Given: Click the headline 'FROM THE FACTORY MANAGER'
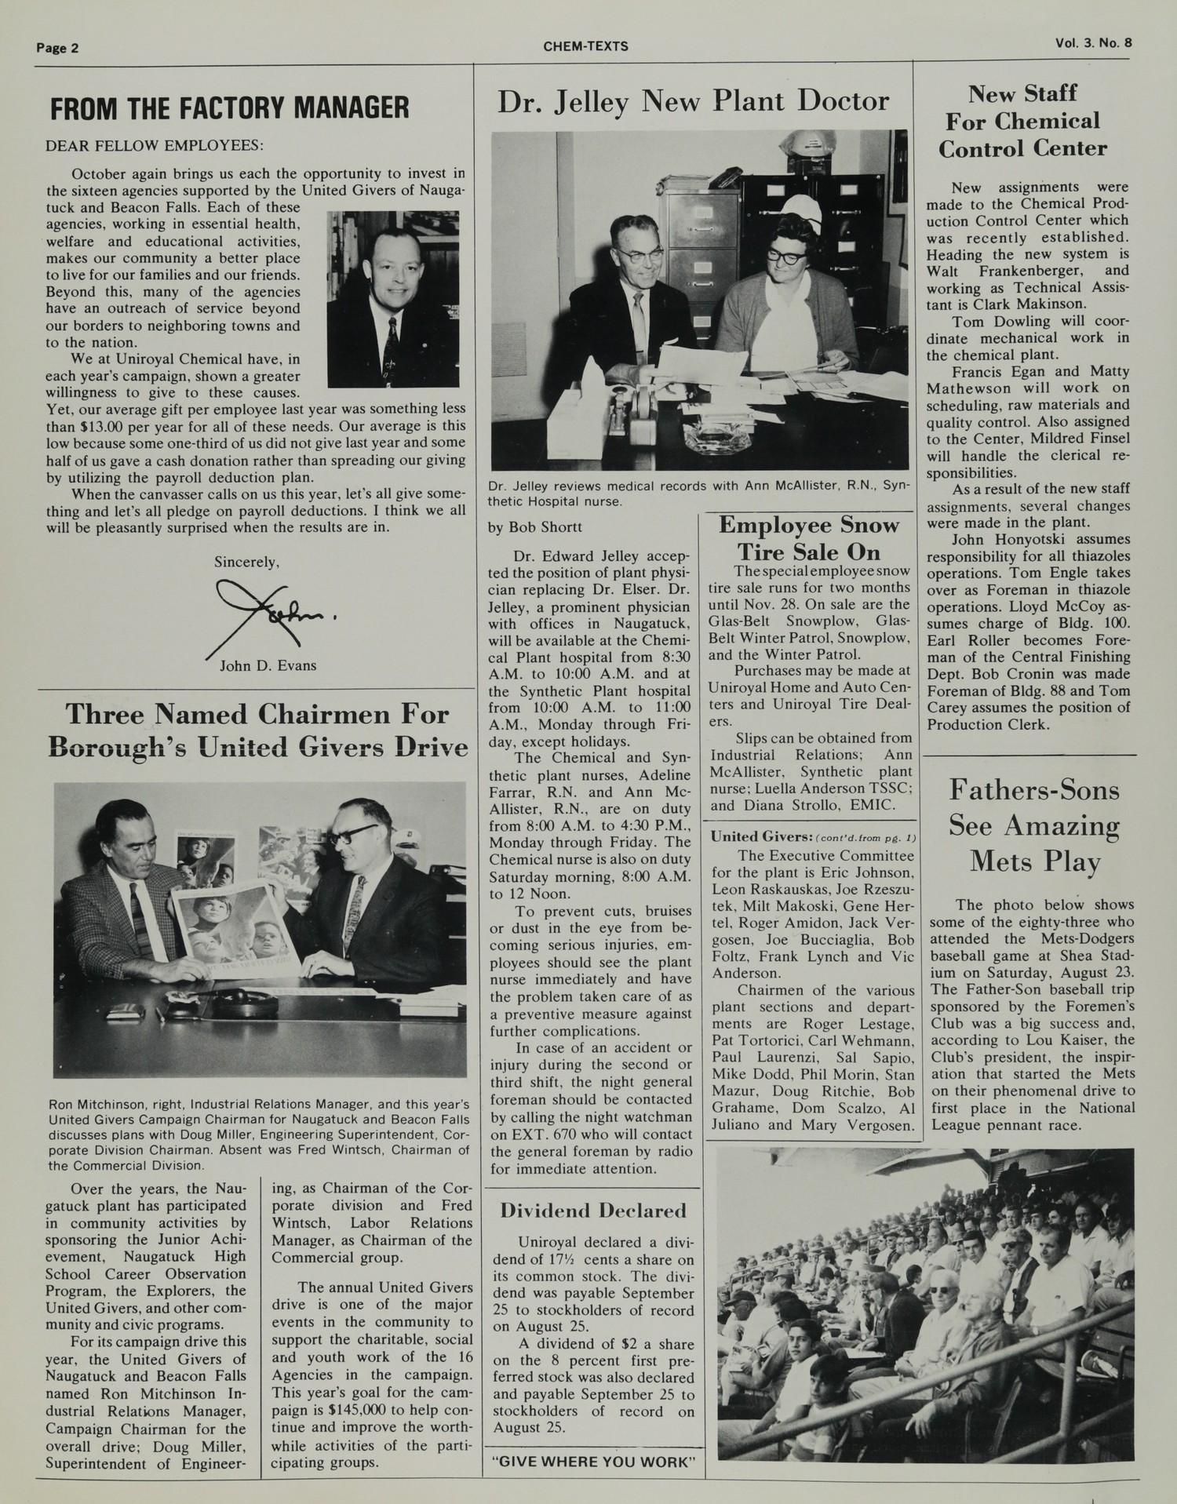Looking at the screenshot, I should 229,108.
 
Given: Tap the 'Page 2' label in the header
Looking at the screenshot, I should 57,48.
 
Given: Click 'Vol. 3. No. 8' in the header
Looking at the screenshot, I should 1093,43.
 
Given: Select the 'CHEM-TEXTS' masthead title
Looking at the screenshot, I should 585,46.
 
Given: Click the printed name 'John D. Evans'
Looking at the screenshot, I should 268,666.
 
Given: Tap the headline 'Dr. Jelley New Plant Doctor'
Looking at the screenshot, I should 693,102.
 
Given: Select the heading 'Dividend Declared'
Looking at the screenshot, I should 592,1211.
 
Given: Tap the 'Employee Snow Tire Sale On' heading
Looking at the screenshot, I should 809,538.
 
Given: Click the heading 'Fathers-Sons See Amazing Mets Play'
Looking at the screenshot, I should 1034,825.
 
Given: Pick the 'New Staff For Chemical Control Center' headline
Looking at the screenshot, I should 1022,122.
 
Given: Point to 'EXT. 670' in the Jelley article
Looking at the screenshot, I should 539,1134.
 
